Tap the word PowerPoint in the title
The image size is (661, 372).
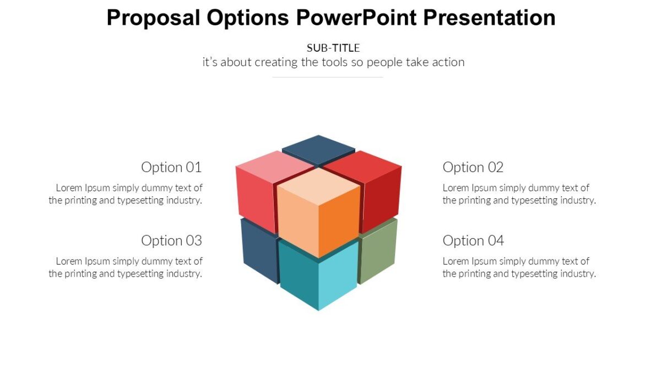point(357,18)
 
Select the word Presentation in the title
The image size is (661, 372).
point(489,18)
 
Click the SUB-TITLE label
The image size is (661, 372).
point(333,48)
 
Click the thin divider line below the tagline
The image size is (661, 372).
point(328,77)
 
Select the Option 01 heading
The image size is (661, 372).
point(171,167)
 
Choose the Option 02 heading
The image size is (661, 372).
point(473,167)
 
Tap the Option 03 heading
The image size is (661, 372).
point(171,240)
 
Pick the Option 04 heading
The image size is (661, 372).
point(473,240)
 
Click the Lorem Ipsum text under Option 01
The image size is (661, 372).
point(126,194)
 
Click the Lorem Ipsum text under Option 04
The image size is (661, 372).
point(519,267)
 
